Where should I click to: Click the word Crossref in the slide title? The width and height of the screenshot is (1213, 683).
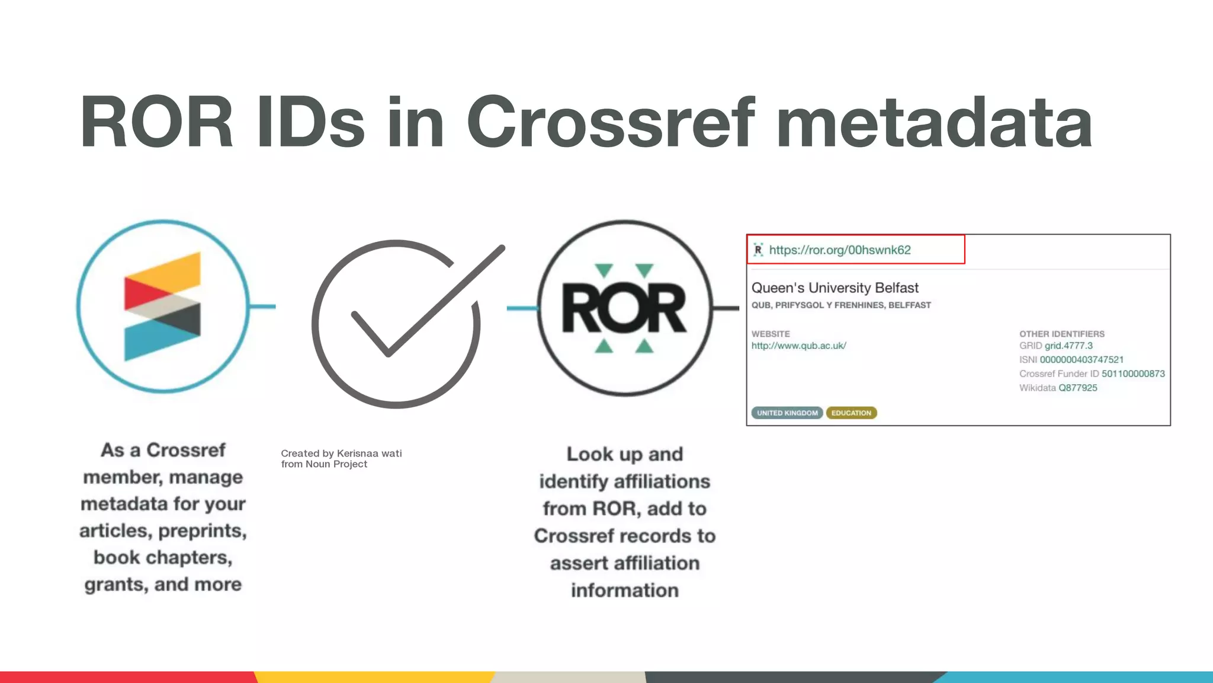click(x=611, y=122)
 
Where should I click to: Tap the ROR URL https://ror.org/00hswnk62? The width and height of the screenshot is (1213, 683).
click(x=840, y=250)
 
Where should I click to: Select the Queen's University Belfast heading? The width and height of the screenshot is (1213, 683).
click(x=835, y=288)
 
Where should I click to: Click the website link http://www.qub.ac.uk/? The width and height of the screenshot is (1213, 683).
click(x=798, y=346)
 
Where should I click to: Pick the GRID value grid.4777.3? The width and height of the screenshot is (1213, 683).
click(x=1068, y=346)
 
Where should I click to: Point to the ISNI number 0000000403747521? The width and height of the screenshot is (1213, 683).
click(x=1082, y=360)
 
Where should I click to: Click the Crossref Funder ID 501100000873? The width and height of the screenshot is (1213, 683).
click(x=1133, y=374)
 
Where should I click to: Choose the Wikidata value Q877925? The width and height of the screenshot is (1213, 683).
click(x=1078, y=388)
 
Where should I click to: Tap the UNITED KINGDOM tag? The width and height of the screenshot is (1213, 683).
click(x=787, y=413)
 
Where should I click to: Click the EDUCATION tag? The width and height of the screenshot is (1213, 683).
click(x=851, y=413)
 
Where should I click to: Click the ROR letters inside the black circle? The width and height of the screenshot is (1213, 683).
click(x=624, y=308)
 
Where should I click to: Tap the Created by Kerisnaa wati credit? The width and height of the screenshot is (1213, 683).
click(x=341, y=454)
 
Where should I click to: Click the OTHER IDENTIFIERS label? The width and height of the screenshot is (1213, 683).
click(x=1061, y=334)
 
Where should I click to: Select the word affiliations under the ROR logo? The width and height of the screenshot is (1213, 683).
click(x=662, y=481)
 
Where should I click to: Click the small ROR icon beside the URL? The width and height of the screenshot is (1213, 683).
click(x=758, y=250)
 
